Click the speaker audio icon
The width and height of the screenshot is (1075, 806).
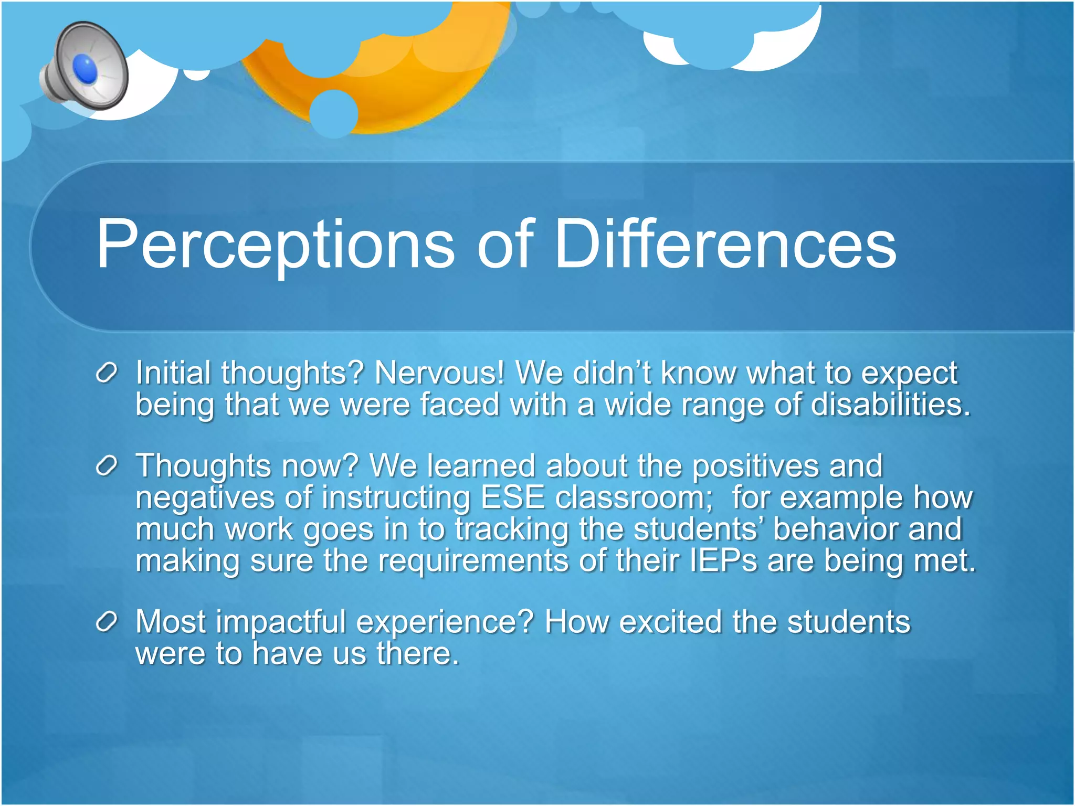[84, 66]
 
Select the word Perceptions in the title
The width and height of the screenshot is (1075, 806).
[275, 245]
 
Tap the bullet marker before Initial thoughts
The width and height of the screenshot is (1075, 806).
[106, 374]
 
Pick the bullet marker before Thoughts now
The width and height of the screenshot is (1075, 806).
[106, 466]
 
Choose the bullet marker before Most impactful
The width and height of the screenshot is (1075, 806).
[106, 622]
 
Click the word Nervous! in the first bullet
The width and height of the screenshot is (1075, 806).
[439, 373]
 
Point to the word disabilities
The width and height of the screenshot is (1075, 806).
[891, 405]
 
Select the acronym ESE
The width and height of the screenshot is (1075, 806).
[513, 497]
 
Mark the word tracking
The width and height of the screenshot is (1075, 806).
[512, 529]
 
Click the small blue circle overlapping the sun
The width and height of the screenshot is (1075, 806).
[334, 113]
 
